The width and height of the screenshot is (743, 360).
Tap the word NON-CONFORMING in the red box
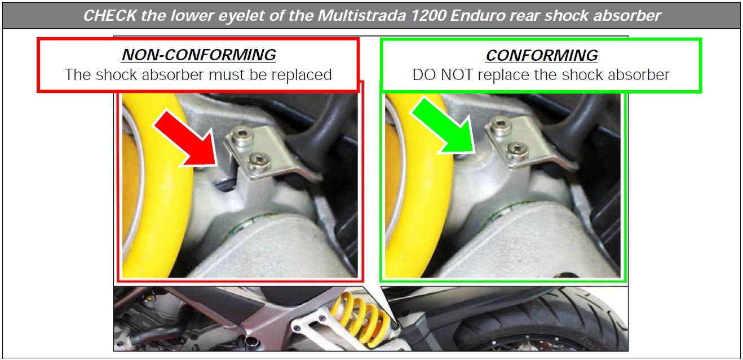pyautogui.click(x=198, y=55)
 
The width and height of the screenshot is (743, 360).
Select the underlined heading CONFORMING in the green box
pyautogui.click(x=542, y=55)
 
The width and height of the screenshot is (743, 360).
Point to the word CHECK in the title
pyautogui.click(x=110, y=16)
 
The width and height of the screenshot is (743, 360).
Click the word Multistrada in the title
pyautogui.click(x=361, y=16)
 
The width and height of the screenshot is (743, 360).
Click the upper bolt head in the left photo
pyautogui.click(x=242, y=136)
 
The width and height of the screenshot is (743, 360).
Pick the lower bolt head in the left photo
pyautogui.click(x=259, y=162)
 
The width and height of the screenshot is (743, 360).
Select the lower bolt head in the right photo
pyautogui.click(x=517, y=151)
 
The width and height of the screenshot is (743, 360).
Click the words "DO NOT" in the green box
pyautogui.click(x=443, y=75)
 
